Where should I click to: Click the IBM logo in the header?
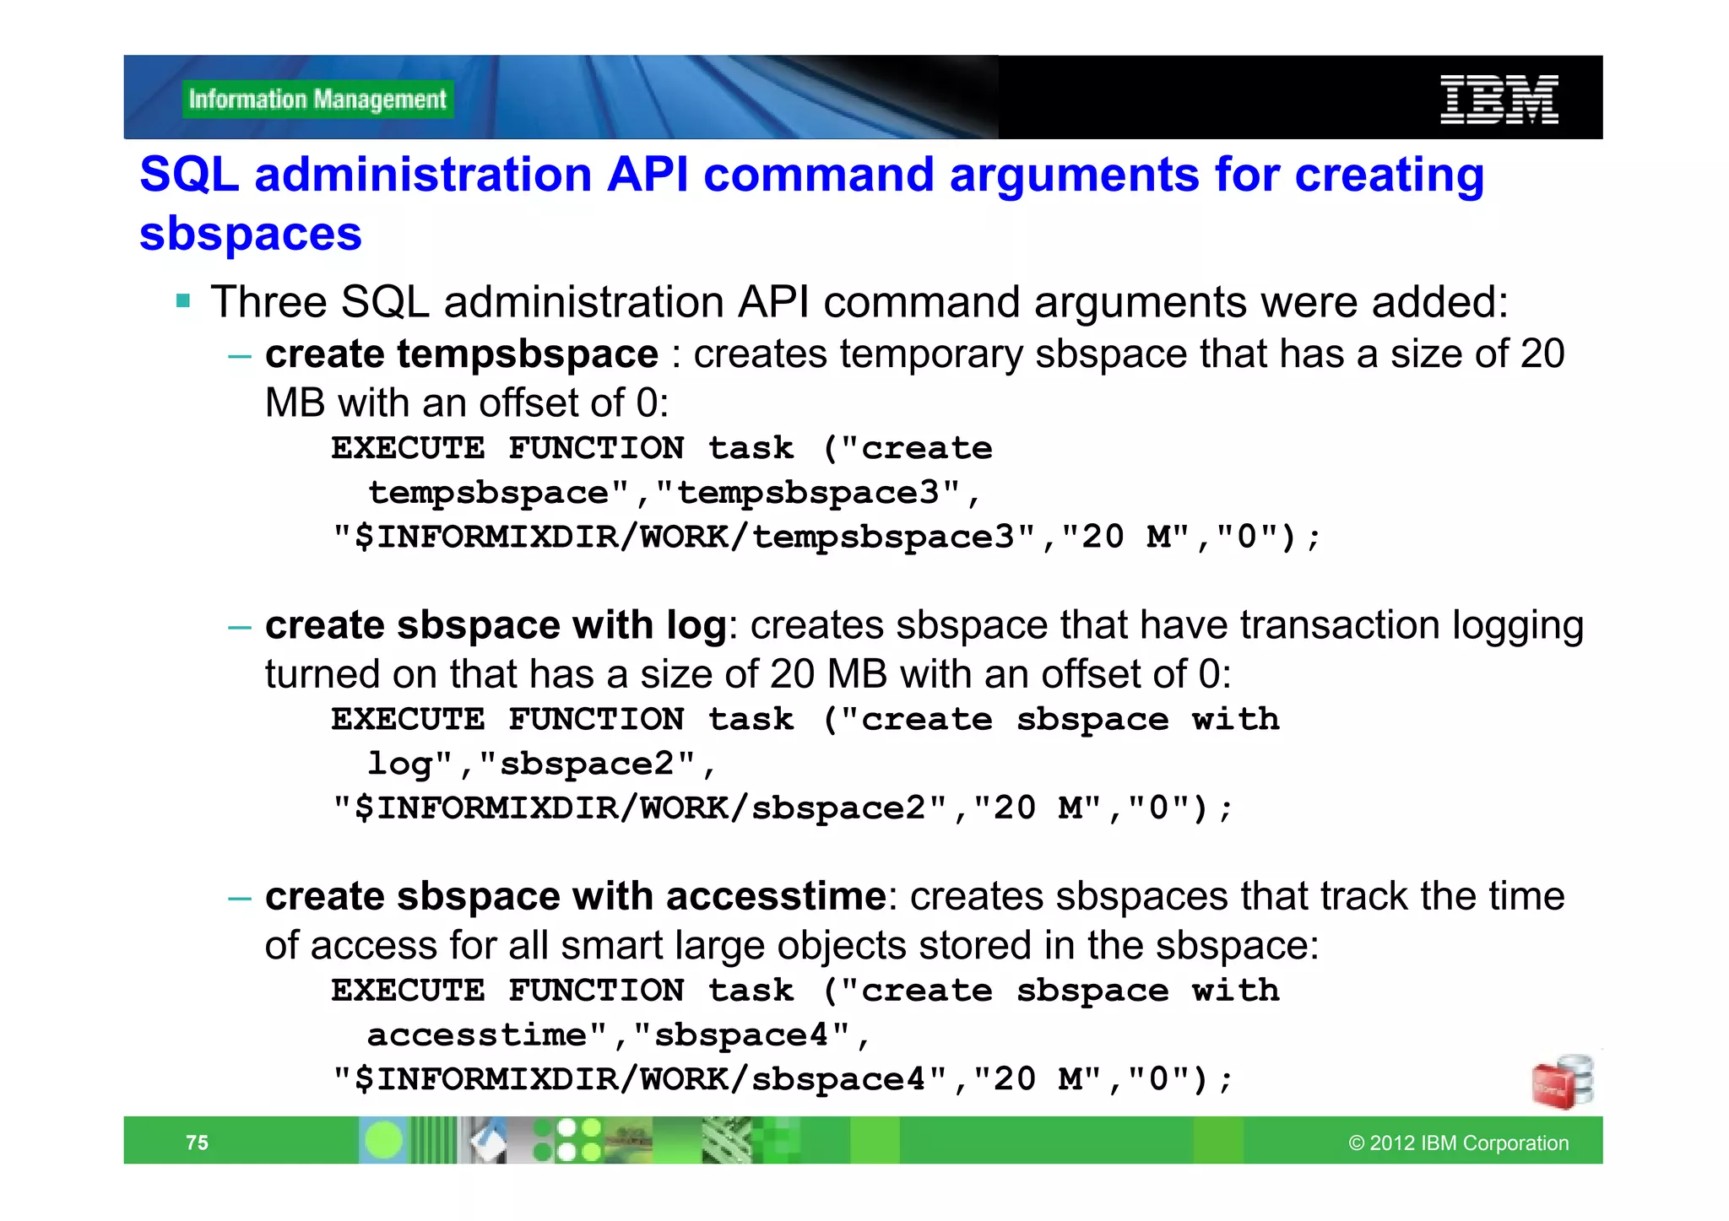pos(1499,100)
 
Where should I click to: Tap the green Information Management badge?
pos(317,100)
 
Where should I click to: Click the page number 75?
pos(197,1143)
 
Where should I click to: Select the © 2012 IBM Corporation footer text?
pos(1458,1143)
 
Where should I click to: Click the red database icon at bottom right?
pos(1562,1082)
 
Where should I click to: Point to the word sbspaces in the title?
pos(251,234)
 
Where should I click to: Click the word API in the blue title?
pos(647,175)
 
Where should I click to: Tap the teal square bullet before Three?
pos(183,300)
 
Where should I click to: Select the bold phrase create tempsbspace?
pos(461,354)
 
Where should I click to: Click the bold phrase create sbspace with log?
pos(496,625)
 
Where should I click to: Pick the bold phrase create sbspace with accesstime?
pos(575,896)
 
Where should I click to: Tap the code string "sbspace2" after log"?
pos(588,764)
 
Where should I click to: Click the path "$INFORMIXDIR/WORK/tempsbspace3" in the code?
pos(685,538)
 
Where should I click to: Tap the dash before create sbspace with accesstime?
pos(240,898)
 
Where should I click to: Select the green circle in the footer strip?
pos(384,1141)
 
